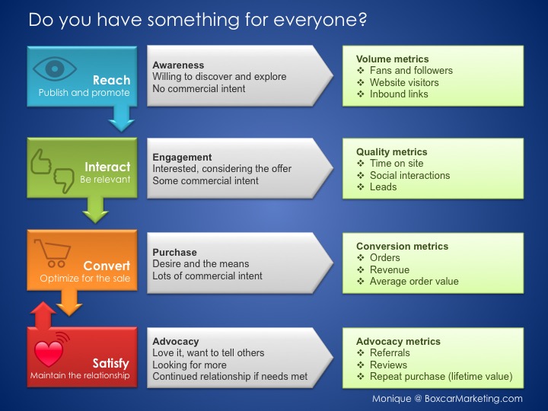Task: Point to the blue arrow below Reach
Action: point(120,116)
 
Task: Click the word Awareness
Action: point(178,65)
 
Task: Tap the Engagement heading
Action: point(182,157)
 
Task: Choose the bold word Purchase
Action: point(174,252)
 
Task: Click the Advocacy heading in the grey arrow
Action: point(175,342)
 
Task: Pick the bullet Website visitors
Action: point(404,82)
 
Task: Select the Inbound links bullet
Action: point(399,94)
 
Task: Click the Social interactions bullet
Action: point(409,175)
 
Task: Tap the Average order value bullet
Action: point(414,281)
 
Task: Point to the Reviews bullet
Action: point(389,365)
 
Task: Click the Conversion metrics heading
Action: point(402,247)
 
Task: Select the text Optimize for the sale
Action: point(85,279)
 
